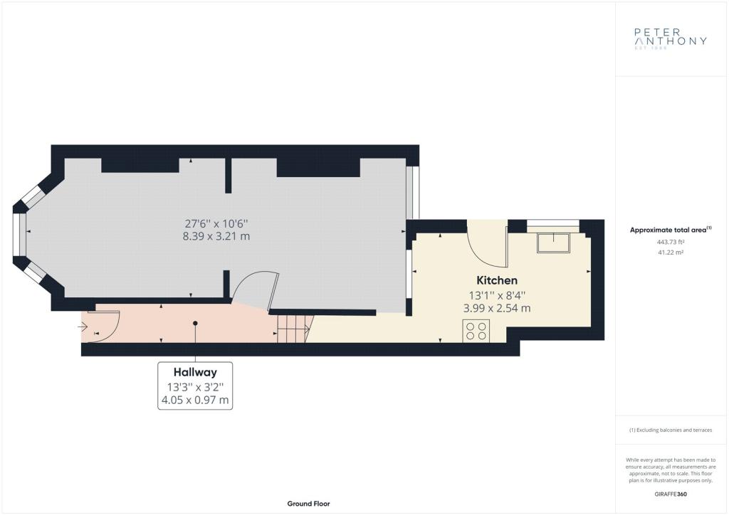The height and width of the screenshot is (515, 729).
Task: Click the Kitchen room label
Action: coord(496,280)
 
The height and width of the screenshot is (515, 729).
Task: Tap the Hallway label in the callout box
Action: coord(195,372)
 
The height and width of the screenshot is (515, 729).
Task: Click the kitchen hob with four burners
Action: coord(476,331)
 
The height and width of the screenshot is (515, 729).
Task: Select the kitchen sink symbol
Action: coord(553,243)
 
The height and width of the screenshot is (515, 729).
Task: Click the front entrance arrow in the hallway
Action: coord(83,327)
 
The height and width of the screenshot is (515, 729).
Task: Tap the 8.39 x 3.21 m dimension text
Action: coord(216,236)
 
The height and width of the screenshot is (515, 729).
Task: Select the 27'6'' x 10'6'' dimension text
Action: coord(216,223)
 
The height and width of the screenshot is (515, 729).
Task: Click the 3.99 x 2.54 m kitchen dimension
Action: coord(496,308)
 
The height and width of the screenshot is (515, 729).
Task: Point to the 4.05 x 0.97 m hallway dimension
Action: coord(195,400)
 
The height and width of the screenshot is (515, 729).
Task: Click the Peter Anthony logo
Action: coord(671,38)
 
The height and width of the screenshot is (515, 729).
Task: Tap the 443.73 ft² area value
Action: coord(671,241)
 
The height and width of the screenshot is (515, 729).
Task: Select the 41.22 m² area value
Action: coord(671,253)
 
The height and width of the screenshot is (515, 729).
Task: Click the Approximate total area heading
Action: coord(671,230)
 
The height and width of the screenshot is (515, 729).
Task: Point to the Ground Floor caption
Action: coord(309,504)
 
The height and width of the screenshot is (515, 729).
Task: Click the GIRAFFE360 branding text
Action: coord(671,494)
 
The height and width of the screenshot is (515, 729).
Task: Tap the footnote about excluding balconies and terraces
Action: coord(671,430)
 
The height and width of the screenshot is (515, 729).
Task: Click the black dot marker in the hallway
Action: coord(195,323)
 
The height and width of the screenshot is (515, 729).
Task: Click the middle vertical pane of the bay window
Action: coord(16,235)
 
